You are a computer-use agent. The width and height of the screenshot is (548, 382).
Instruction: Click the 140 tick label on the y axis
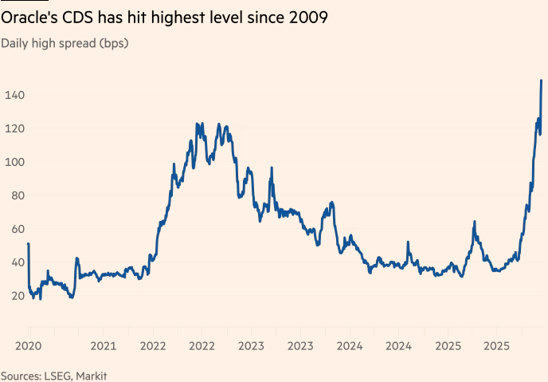coord(14,95)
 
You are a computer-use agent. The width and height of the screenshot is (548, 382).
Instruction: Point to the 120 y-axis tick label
coord(14,128)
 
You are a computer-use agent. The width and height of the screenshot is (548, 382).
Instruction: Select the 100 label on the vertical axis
coord(14,162)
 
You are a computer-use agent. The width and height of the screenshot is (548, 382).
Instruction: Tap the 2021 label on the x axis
coord(104,346)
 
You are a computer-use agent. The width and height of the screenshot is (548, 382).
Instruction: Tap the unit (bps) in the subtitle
coord(112,43)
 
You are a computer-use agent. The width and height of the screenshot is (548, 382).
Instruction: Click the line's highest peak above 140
coord(542,81)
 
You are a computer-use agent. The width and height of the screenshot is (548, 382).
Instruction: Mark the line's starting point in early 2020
coord(28,244)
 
